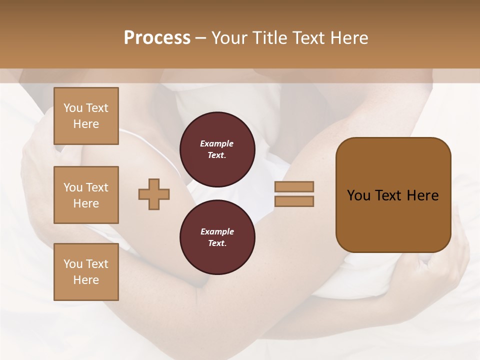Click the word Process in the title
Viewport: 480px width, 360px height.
pyautogui.click(x=157, y=38)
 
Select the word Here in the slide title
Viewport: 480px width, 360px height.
pyautogui.click(x=348, y=38)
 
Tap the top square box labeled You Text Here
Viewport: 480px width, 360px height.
pyautogui.click(x=86, y=116)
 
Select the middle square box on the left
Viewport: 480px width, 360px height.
pyautogui.click(x=86, y=195)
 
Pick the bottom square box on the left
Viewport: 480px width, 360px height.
pyautogui.click(x=86, y=272)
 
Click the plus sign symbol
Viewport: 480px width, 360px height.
pyautogui.click(x=154, y=194)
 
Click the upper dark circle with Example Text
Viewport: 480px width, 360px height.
pyautogui.click(x=217, y=149)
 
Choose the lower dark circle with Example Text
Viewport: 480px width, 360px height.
pyautogui.click(x=217, y=237)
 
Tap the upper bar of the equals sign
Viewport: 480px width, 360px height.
pyautogui.click(x=294, y=186)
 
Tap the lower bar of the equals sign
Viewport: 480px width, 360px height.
pyautogui.click(x=294, y=201)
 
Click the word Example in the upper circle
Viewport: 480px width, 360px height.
pyautogui.click(x=217, y=143)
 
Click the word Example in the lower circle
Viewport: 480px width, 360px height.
pyautogui.click(x=217, y=231)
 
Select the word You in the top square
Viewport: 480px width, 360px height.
pyautogui.click(x=73, y=108)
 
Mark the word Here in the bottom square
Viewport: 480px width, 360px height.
pyautogui.click(x=86, y=280)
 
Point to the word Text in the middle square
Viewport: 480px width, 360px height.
pyautogui.click(x=97, y=187)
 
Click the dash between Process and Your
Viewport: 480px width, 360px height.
pyautogui.click(x=200, y=38)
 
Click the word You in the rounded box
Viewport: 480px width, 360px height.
pyautogui.click(x=358, y=195)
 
